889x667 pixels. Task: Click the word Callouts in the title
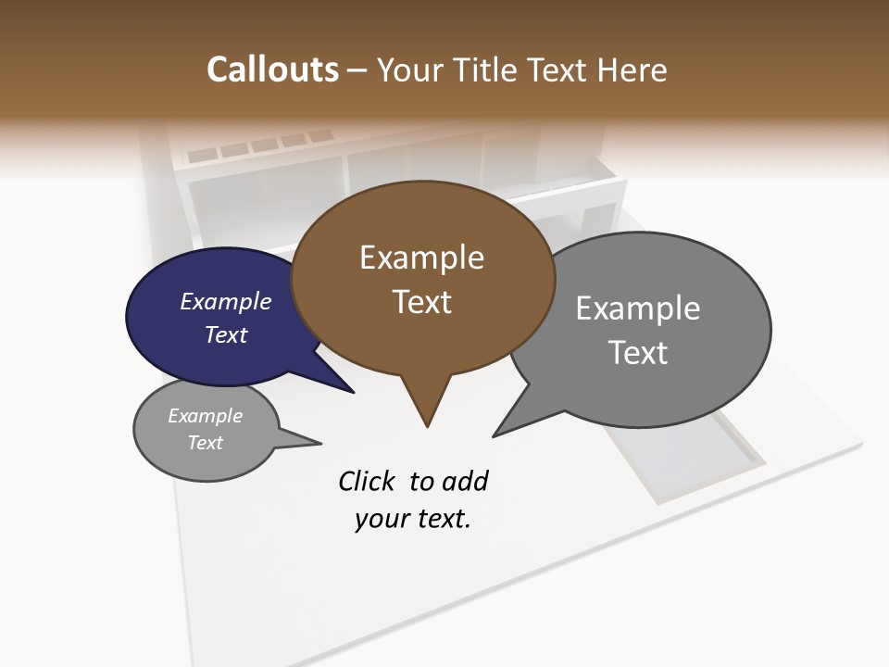pyautogui.click(x=272, y=69)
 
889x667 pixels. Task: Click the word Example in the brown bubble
pyautogui.click(x=421, y=258)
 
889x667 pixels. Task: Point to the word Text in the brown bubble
pyautogui.click(x=421, y=302)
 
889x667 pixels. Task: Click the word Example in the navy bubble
pyautogui.click(x=226, y=301)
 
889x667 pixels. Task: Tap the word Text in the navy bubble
pyautogui.click(x=226, y=334)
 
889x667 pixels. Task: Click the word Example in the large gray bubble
pyautogui.click(x=638, y=308)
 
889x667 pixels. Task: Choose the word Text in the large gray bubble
pyautogui.click(x=638, y=353)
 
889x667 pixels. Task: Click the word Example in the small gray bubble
pyautogui.click(x=205, y=416)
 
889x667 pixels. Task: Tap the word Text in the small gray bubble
pyautogui.click(x=205, y=443)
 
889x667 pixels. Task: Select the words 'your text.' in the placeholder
pyautogui.click(x=413, y=520)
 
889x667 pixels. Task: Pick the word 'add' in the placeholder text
pyautogui.click(x=465, y=481)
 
